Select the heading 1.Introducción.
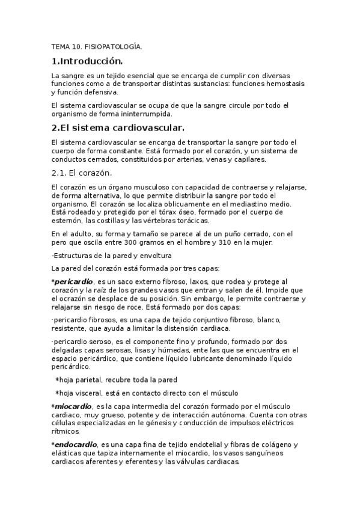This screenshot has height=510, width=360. (87, 61)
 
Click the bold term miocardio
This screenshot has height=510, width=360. (73, 407)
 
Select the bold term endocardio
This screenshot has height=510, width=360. (75, 444)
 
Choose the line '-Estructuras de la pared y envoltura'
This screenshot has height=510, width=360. (103, 256)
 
